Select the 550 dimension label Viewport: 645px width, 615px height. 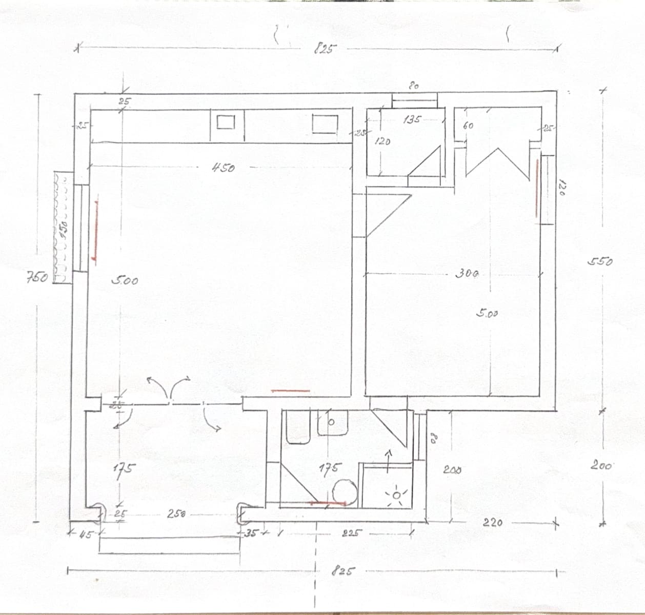600,262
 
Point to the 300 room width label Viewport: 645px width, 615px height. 467,274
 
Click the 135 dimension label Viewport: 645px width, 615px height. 412,119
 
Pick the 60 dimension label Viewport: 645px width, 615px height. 468,125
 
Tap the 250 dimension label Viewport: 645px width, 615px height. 176,514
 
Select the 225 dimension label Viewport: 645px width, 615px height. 352,533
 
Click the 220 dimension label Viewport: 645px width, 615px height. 493,523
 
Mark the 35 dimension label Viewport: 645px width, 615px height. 251,533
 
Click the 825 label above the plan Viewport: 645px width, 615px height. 325,49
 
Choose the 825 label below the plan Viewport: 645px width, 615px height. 342,571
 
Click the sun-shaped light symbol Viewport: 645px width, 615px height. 397,496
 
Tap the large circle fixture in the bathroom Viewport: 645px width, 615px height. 345,491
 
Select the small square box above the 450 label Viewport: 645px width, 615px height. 226,122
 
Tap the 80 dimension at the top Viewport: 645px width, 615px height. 414,86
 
